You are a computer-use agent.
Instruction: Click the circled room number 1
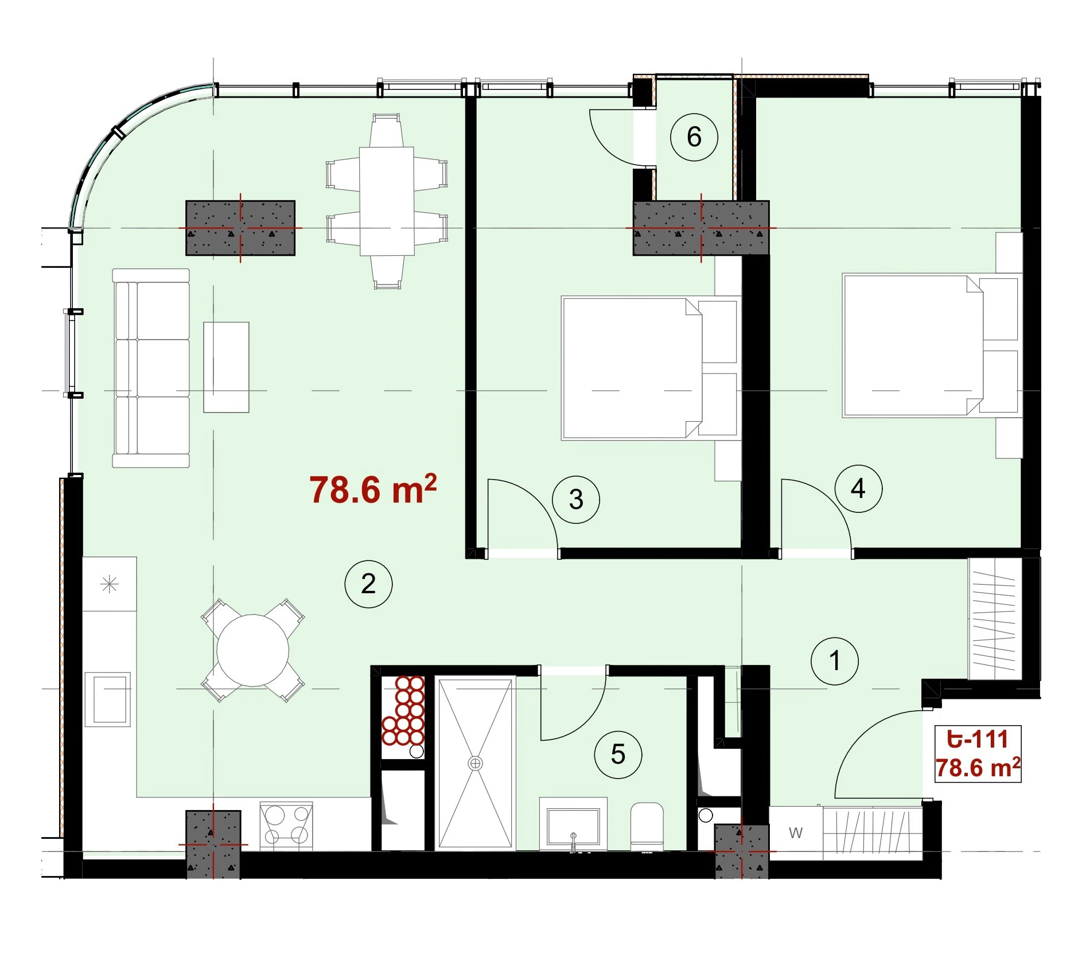coord(834,661)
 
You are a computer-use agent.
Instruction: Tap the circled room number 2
coord(368,584)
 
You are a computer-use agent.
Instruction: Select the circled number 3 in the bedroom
coord(576,500)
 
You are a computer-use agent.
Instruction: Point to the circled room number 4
coord(858,488)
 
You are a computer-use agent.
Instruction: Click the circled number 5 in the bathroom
coord(618,754)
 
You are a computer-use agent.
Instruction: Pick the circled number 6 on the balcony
coord(694,137)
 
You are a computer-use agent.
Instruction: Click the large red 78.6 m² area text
coord(373,489)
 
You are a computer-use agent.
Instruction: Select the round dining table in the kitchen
coord(252,650)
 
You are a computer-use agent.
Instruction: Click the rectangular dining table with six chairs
coord(387,201)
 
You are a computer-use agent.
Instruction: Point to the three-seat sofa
coord(151,368)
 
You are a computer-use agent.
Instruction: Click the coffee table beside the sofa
coord(226,367)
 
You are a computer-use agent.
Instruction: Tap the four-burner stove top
coord(286,825)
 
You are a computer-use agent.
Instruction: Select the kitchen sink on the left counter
coord(108,699)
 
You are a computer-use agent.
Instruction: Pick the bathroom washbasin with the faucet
coord(573,824)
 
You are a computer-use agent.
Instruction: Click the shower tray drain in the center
coord(475,763)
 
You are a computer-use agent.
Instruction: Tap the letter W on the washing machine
coord(796,833)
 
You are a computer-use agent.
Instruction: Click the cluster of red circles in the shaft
coord(403,711)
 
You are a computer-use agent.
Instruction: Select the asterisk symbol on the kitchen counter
coord(109,585)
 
